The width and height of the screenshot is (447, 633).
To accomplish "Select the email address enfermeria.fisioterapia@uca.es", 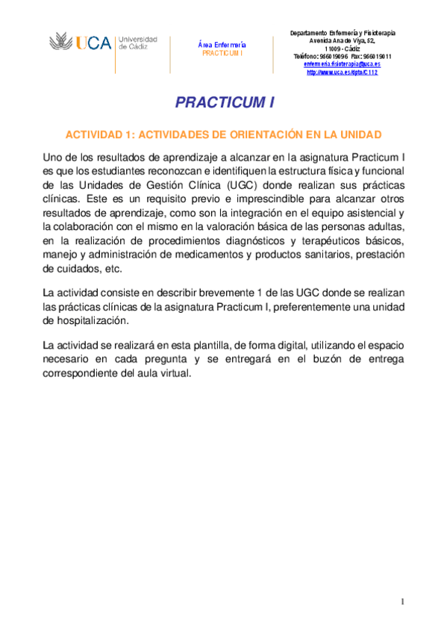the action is click(343, 64).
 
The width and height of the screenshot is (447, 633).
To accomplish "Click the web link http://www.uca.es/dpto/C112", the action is click(343, 72).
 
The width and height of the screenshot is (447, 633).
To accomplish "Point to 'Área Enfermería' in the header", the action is click(222, 46).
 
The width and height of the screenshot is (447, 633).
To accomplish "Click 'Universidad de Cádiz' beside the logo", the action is click(138, 42).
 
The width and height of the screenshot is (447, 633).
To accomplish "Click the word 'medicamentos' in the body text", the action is click(211, 255).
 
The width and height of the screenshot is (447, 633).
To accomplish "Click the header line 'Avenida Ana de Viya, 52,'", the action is click(343, 41).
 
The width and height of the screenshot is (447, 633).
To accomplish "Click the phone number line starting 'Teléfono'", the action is click(343, 57).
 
